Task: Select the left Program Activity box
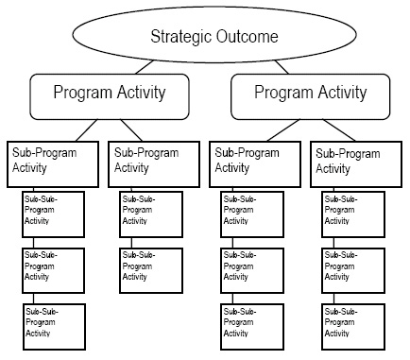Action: [x=110, y=94]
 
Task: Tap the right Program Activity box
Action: [x=310, y=94]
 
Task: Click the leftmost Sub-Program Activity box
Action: [x=53, y=163]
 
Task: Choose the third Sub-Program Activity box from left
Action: [x=253, y=163]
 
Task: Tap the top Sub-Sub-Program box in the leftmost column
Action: [x=54, y=215]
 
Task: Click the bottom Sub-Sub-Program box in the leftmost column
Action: [x=54, y=323]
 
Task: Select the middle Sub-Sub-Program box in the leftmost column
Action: [x=54, y=269]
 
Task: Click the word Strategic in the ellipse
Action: [x=178, y=38]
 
